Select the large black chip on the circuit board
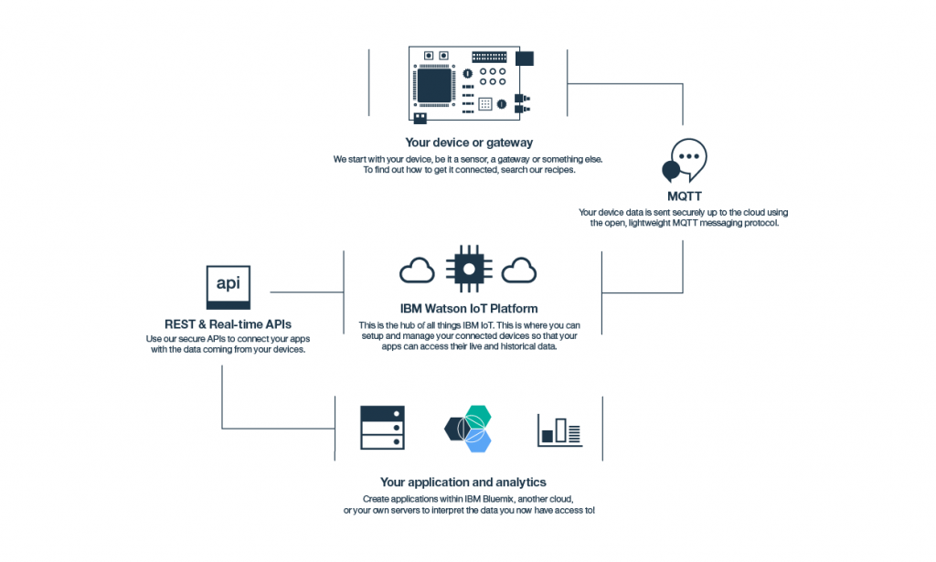point(438,85)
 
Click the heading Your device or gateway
point(469,143)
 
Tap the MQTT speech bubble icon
point(684,162)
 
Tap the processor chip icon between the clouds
point(468,268)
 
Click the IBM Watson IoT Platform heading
point(468,309)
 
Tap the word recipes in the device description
point(556,170)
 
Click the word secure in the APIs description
point(195,339)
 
